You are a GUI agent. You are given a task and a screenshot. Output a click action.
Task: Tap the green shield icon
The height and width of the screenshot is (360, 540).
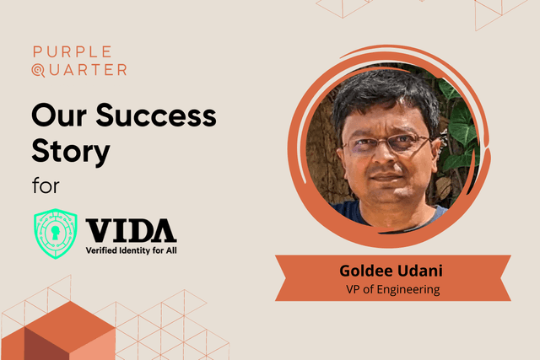[x=57, y=234]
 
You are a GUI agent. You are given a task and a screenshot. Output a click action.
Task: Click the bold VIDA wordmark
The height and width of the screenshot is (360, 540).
[x=131, y=230]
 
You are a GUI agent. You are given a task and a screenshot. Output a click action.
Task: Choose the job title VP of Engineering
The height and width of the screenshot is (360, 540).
[x=392, y=290]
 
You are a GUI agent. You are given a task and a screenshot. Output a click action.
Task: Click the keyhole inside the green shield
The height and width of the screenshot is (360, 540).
[x=57, y=231]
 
